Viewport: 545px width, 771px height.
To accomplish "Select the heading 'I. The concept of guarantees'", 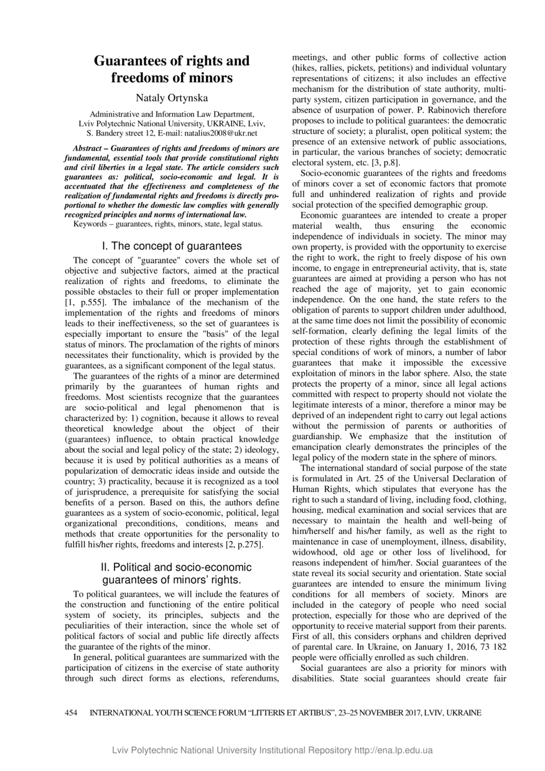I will tap(172, 246).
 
